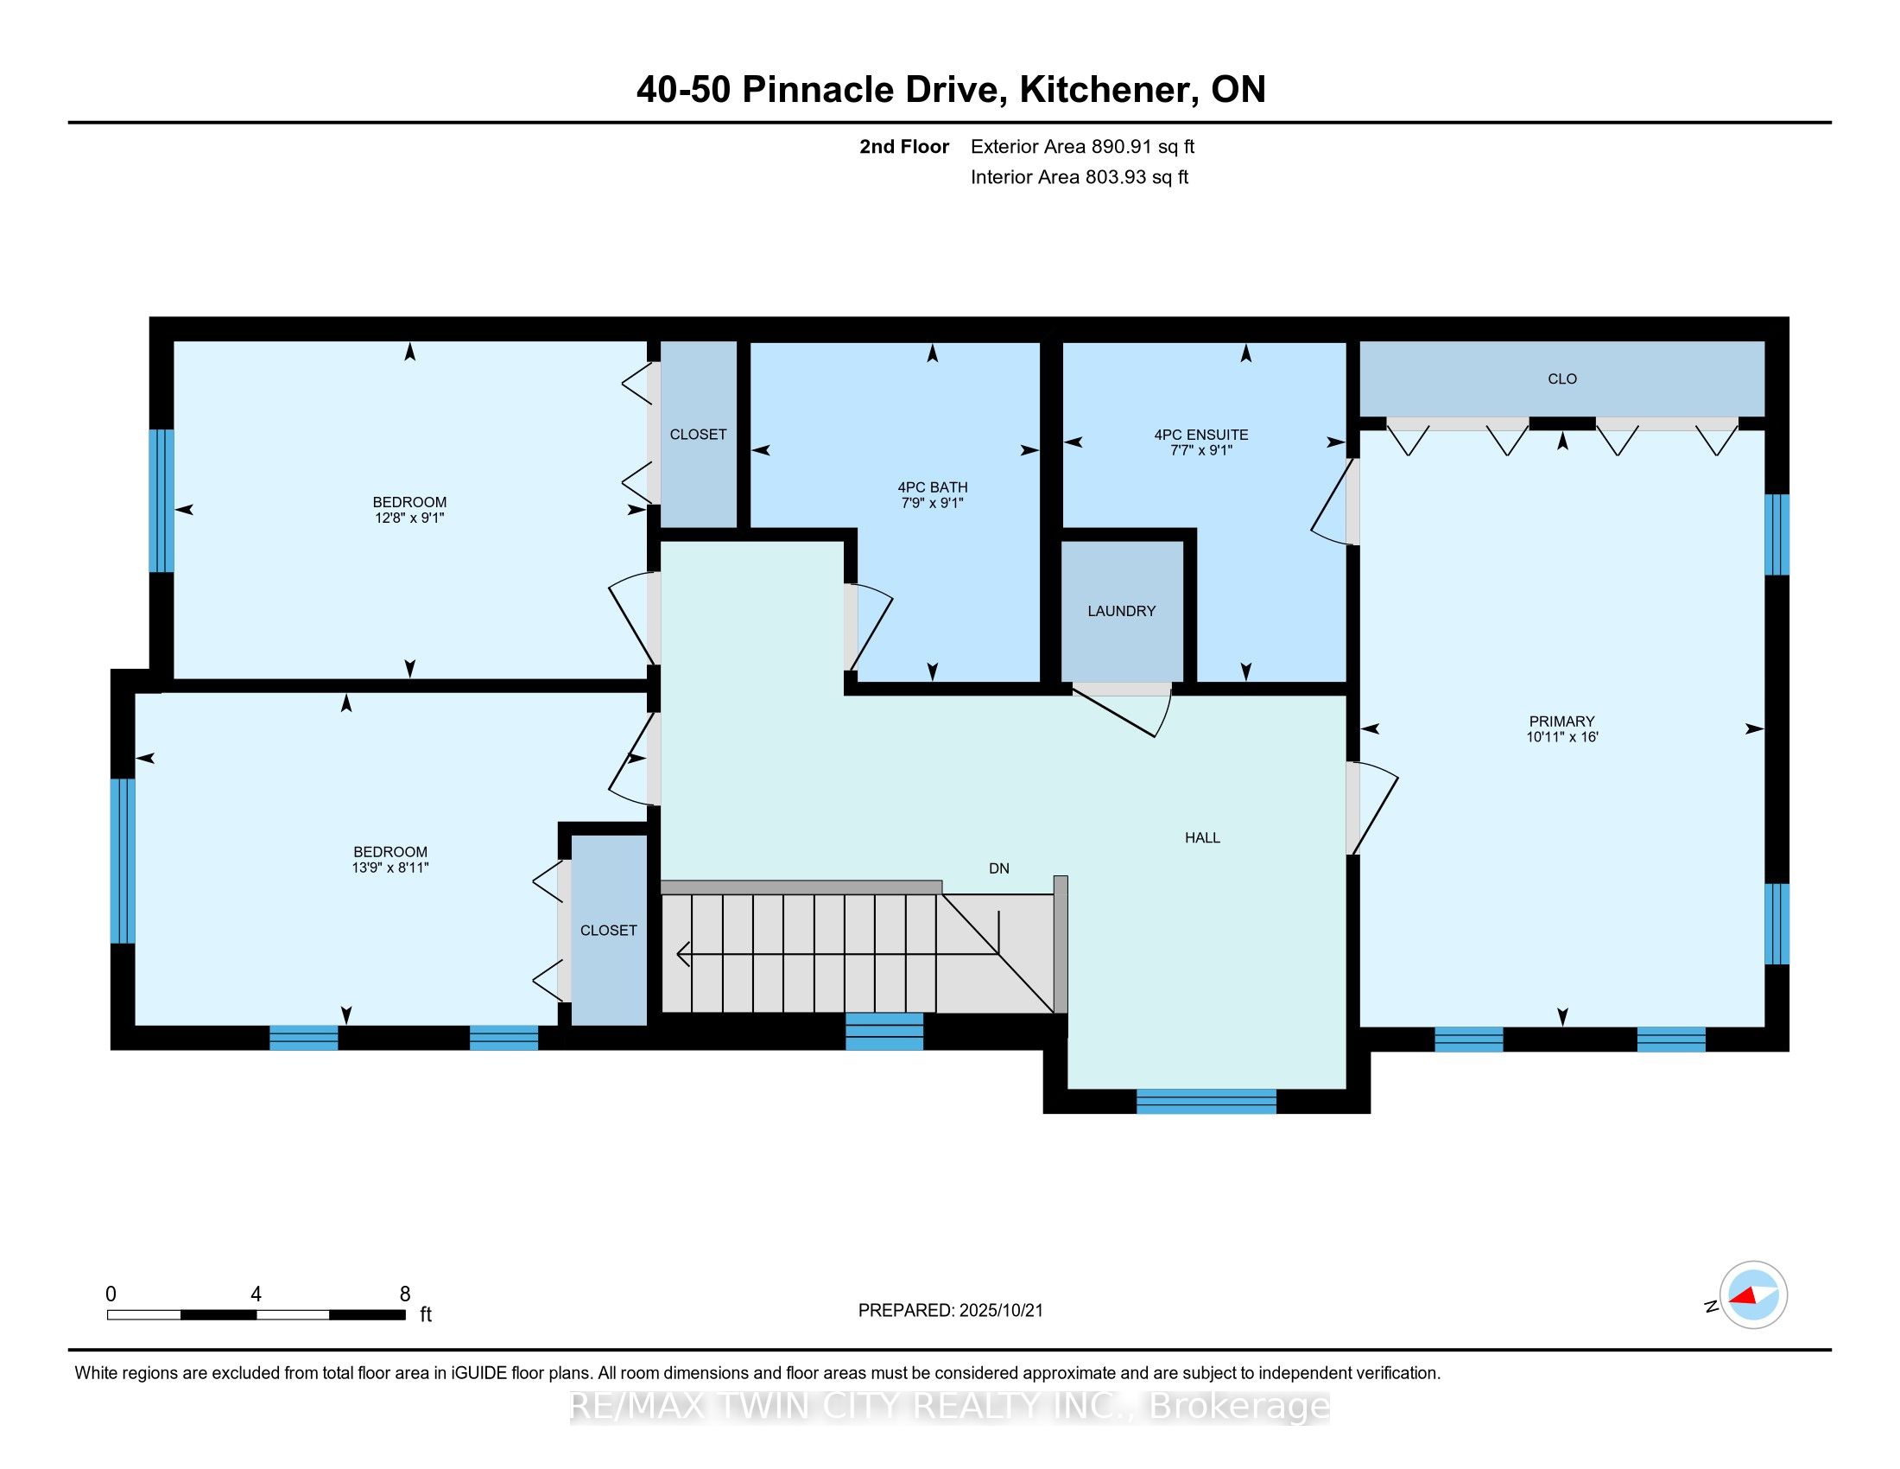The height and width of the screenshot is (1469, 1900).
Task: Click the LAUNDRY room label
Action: click(x=1121, y=611)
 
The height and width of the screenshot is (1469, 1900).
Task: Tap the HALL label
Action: click(x=1202, y=837)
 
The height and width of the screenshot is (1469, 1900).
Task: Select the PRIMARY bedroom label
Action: click(x=1561, y=721)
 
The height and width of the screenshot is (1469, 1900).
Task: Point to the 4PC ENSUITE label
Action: click(x=1200, y=435)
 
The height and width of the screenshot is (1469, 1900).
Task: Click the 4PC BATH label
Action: click(x=933, y=487)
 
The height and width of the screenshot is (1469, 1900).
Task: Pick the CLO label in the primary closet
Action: click(x=1562, y=378)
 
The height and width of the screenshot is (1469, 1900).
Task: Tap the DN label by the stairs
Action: click(x=998, y=868)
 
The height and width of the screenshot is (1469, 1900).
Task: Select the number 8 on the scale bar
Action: click(x=404, y=1294)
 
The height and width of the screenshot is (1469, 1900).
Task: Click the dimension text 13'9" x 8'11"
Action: click(x=389, y=868)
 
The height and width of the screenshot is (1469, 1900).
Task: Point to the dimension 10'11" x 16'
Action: click(x=1561, y=736)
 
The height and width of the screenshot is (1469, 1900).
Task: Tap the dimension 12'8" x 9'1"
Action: click(x=408, y=518)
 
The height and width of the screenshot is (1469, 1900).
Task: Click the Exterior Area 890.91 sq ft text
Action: click(x=1082, y=146)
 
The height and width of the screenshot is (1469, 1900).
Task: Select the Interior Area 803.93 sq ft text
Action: click(x=1079, y=176)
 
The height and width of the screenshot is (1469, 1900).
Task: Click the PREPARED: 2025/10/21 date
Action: click(x=950, y=1310)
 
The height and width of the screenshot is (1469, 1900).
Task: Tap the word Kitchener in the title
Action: click(x=1105, y=90)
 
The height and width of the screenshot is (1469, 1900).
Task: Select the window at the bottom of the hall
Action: click(x=1206, y=1101)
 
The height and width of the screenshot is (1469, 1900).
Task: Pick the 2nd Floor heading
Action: click(x=904, y=146)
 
